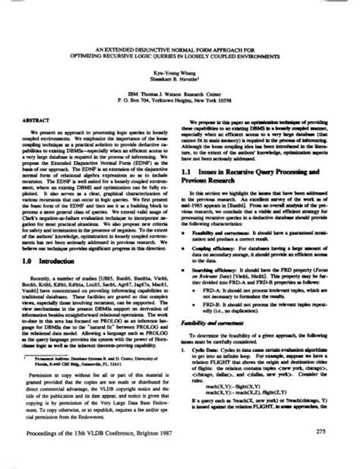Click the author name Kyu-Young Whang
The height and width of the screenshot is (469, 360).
[x=179, y=76]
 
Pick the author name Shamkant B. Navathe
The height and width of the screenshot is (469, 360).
[x=180, y=84]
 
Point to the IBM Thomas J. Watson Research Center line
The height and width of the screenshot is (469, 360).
[x=180, y=96]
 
